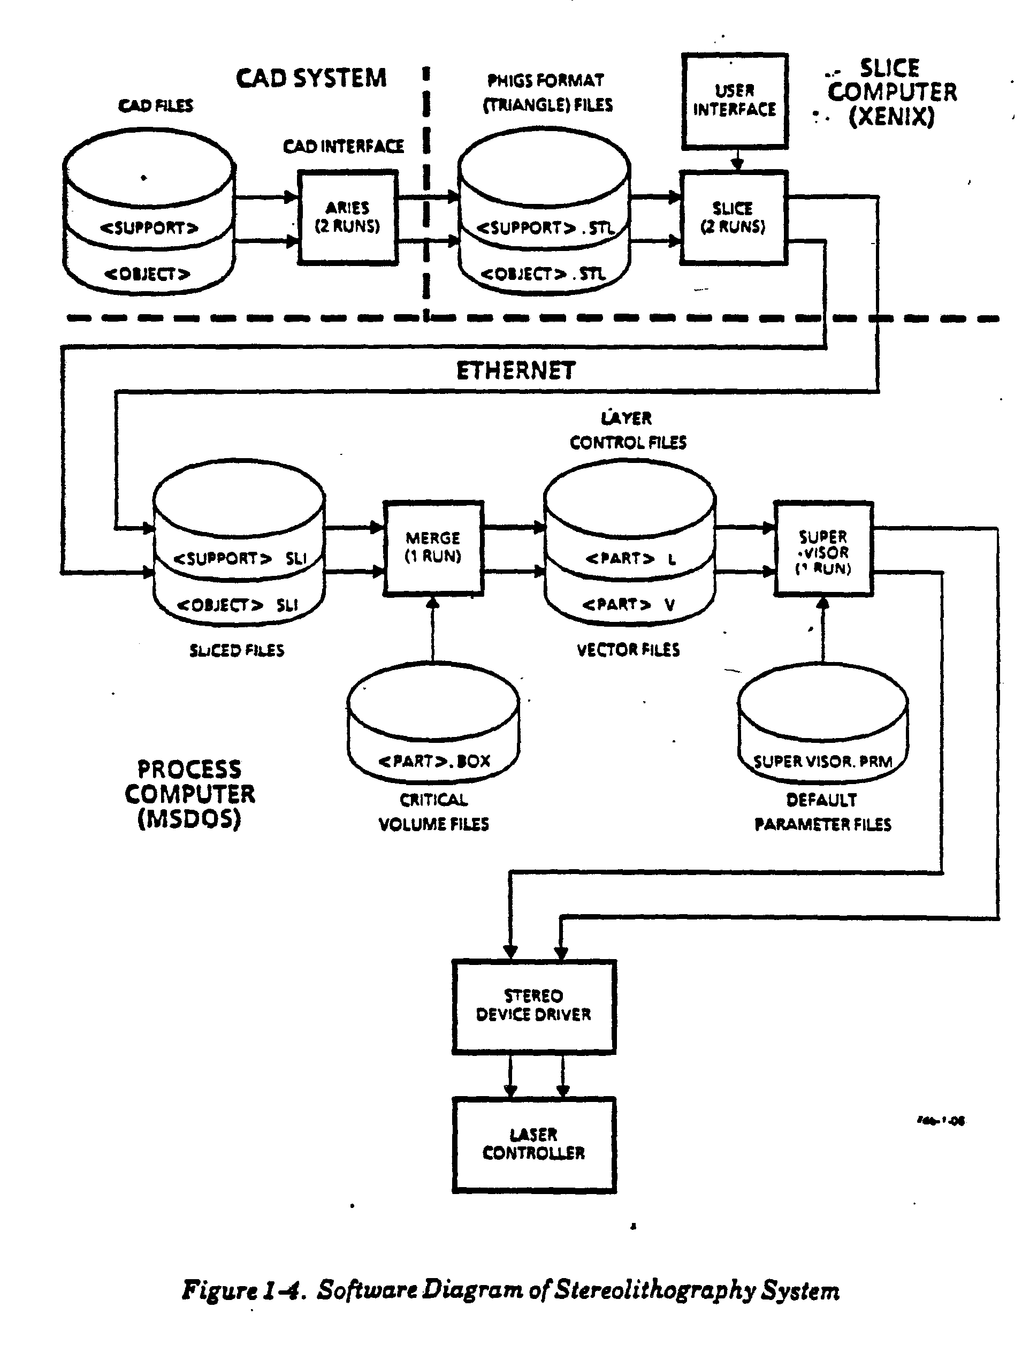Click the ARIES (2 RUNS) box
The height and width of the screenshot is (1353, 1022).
pyautogui.click(x=347, y=217)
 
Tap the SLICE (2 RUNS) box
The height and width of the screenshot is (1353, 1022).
pyautogui.click(x=733, y=218)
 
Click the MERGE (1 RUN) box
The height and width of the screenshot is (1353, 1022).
pyautogui.click(x=433, y=548)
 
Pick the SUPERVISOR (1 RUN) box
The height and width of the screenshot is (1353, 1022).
pyautogui.click(x=823, y=548)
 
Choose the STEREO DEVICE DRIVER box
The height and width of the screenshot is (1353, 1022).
pyautogui.click(x=533, y=1006)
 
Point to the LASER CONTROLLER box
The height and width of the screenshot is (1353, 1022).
pyautogui.click(x=533, y=1144)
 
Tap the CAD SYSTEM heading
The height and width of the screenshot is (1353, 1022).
pyautogui.click(x=311, y=78)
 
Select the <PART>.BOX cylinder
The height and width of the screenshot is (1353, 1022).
pyautogui.click(x=433, y=723)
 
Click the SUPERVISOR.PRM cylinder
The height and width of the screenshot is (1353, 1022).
pyautogui.click(x=822, y=723)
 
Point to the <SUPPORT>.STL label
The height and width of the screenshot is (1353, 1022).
pyautogui.click(x=544, y=228)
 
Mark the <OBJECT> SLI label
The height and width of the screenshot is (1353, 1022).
pyautogui.click(x=237, y=605)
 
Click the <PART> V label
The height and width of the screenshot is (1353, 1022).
pyautogui.click(x=629, y=604)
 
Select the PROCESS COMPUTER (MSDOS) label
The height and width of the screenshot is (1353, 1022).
pyautogui.click(x=189, y=793)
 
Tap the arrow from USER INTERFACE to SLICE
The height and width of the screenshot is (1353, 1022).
pyautogui.click(x=737, y=160)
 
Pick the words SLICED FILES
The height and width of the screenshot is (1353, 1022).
pyautogui.click(x=237, y=650)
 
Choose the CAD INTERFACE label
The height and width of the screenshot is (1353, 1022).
pyautogui.click(x=343, y=146)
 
